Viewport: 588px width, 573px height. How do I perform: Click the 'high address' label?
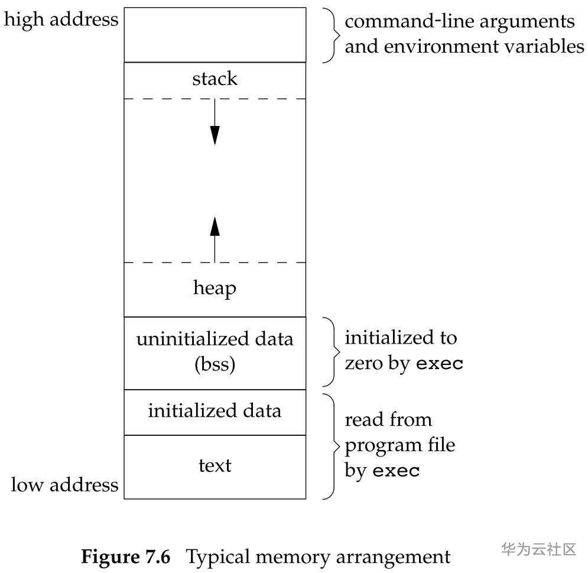61,20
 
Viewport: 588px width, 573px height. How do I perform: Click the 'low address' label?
64,485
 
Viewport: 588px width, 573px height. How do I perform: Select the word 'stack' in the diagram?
215,79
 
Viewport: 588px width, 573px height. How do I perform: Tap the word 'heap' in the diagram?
215,288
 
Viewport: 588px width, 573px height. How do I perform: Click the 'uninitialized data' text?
215,339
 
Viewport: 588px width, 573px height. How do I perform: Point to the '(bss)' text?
215,364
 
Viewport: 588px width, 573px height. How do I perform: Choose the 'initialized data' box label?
215,410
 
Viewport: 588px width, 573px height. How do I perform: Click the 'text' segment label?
215,465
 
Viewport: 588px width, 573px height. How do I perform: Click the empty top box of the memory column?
215,34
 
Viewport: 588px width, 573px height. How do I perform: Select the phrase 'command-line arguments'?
459,21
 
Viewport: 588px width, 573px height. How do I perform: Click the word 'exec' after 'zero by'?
440,363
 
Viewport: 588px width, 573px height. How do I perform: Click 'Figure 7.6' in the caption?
125,556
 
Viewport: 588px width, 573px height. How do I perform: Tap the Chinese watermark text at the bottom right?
538,549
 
